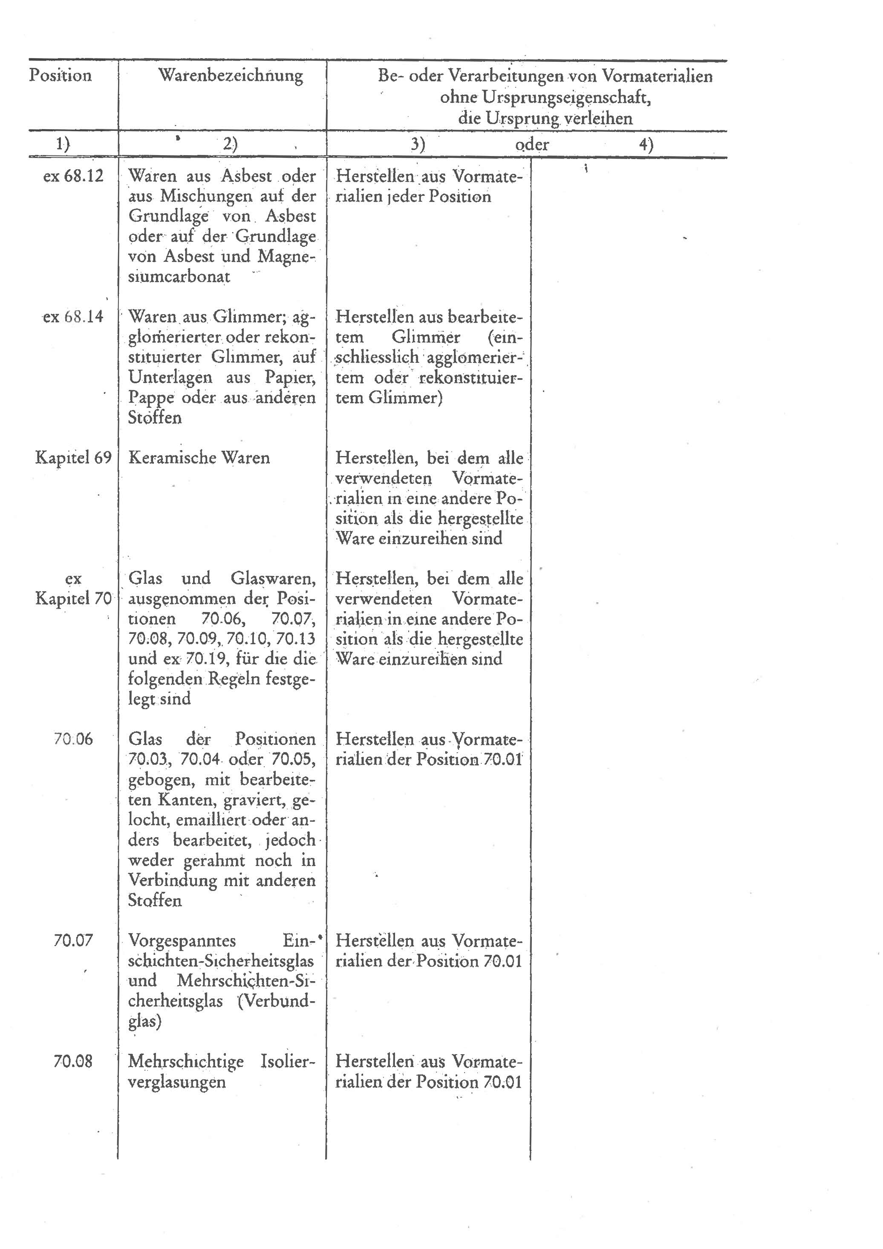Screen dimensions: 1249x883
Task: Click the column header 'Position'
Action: coord(61,75)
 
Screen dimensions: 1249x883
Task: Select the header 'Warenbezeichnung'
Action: coord(231,75)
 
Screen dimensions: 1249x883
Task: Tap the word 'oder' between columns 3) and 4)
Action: coord(532,145)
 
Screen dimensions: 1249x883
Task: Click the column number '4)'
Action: coord(646,145)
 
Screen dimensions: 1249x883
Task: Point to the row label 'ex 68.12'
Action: coord(73,176)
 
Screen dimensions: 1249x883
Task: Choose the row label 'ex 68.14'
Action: coord(73,317)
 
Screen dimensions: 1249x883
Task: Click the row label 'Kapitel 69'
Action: coord(73,457)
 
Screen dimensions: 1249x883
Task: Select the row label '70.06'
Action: coord(73,739)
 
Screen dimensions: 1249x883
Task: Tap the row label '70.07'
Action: coord(73,940)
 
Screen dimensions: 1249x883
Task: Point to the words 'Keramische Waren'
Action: coord(199,457)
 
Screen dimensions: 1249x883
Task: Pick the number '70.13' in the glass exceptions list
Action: coord(295,639)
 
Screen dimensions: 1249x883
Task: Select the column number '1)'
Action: coord(63,145)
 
